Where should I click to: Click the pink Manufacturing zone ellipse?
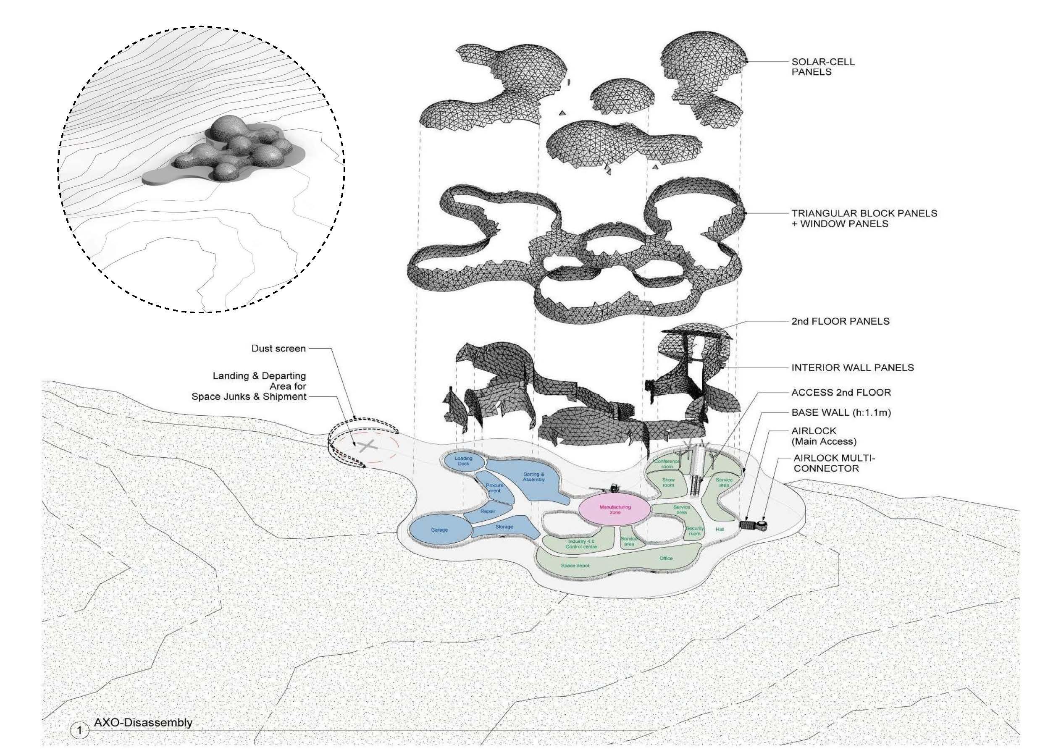coord(615,509)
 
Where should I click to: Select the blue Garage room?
coord(439,530)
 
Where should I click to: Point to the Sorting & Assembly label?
coord(534,477)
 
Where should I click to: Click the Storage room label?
coord(504,527)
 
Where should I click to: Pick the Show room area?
coord(668,483)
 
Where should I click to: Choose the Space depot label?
coord(575,566)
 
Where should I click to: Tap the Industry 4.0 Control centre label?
coord(581,544)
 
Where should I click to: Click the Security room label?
coord(695,531)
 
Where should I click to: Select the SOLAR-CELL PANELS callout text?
coord(822,66)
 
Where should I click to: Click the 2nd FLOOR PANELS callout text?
coord(840,321)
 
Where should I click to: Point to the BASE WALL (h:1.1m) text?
coord(840,412)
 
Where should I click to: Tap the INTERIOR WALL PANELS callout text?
coord(852,367)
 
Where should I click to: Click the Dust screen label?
coord(278,349)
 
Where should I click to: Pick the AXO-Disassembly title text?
coord(143,722)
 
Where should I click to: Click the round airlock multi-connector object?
coord(761,524)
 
